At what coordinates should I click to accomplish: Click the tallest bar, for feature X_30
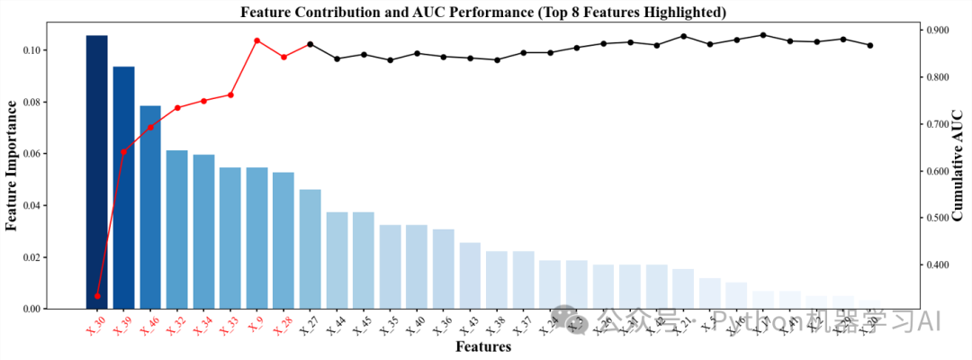[96, 171]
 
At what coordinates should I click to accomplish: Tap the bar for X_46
[150, 207]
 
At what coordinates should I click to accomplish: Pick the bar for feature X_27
[310, 248]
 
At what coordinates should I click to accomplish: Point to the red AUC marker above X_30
[96, 295]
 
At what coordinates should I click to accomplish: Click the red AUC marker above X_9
[256, 40]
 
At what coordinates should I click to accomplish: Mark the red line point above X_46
[150, 127]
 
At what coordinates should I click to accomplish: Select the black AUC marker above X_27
[310, 44]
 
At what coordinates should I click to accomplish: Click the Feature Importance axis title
[13, 166]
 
